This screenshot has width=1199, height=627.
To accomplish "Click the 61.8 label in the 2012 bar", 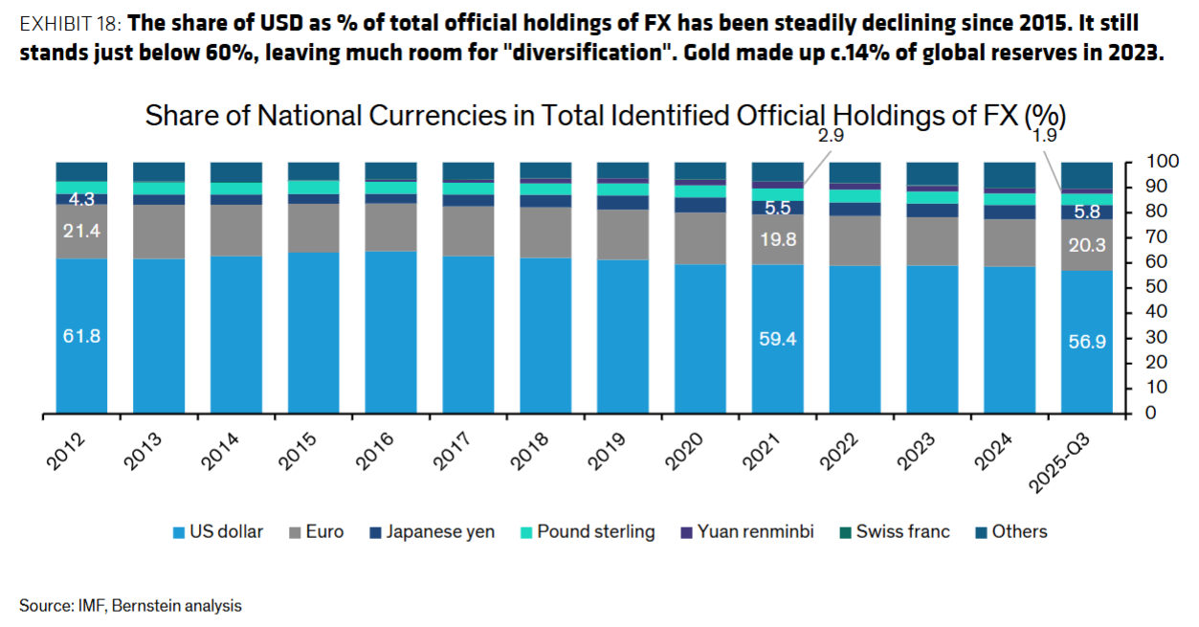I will click(x=81, y=336).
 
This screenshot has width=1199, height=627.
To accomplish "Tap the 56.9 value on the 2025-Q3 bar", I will click(x=1086, y=342).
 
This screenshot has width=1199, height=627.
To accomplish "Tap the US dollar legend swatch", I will click(x=179, y=532).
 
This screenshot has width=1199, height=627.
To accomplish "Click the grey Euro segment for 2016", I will click(x=390, y=227).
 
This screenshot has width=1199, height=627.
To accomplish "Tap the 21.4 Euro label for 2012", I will click(x=81, y=231).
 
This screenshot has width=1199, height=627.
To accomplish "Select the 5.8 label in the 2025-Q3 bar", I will click(x=1086, y=212).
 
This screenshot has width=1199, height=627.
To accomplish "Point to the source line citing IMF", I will click(x=130, y=606).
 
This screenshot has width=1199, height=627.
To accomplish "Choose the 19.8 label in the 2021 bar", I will click(x=777, y=239).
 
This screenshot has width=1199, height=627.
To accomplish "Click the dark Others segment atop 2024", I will click(x=1010, y=174).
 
